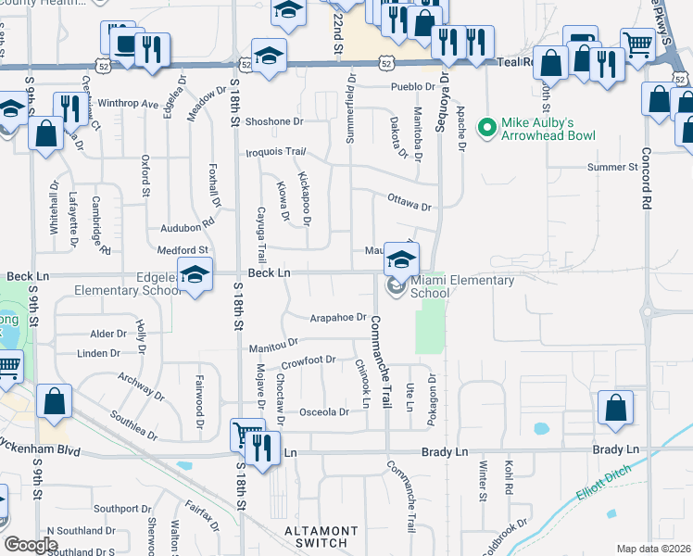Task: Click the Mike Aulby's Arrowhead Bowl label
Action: pyautogui.click(x=548, y=129)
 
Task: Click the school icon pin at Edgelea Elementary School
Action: pyautogui.click(x=195, y=276)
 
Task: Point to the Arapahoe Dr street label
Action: pyautogui.click(x=338, y=317)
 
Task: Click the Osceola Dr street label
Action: pyautogui.click(x=323, y=412)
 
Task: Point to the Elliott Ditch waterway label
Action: pyautogui.click(x=601, y=483)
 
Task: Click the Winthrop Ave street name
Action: pyautogui.click(x=128, y=104)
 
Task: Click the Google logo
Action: pyautogui.click(x=31, y=544)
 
